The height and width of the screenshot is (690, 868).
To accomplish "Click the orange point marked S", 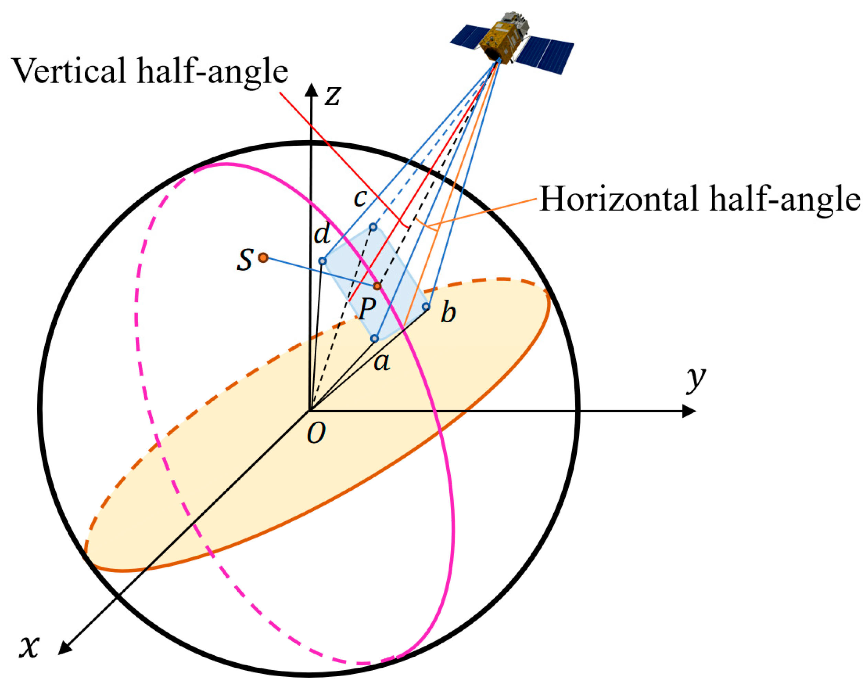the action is [x=263, y=257].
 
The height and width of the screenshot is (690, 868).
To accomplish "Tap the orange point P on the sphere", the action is [x=377, y=286].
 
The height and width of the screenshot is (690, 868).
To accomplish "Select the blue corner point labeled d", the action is [x=322, y=261].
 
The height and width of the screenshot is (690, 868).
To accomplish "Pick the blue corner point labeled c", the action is [x=373, y=227].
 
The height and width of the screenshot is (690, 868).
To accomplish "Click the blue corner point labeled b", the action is [x=426, y=307].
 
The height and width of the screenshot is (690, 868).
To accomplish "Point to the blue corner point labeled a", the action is [x=374, y=338].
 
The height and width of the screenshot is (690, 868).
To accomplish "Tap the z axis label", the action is [x=333, y=96].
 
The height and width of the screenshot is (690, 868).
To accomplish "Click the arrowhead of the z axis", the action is [x=311, y=89].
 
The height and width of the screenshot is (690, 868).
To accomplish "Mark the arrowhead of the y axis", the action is [x=690, y=411].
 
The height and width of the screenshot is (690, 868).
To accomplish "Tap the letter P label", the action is [x=367, y=309].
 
